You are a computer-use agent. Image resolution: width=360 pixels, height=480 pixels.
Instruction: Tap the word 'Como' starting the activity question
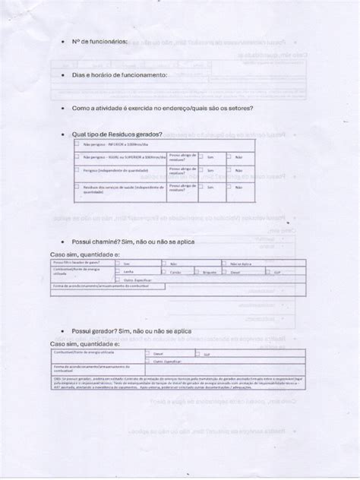(x=81, y=108)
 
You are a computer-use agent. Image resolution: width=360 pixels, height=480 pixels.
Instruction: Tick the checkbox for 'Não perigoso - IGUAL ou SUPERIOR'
(x=78, y=157)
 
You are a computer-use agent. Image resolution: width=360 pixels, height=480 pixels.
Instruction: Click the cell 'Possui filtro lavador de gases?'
(x=77, y=263)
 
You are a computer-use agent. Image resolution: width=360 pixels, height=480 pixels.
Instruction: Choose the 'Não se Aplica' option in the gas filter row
(x=240, y=263)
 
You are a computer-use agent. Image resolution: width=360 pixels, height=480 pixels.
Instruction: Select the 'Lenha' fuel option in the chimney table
(x=128, y=271)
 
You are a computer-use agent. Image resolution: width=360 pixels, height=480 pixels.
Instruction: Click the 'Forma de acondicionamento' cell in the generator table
(x=84, y=368)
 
